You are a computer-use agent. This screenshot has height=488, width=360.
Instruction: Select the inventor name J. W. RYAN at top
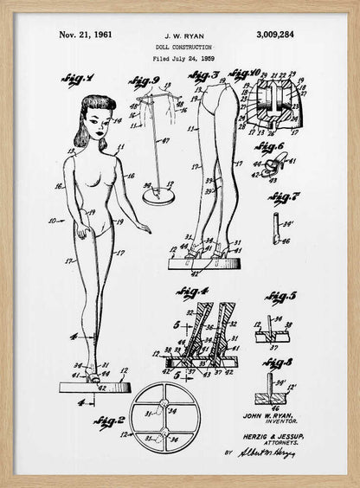click(179, 35)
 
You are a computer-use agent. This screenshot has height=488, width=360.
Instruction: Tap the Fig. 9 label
click(144, 82)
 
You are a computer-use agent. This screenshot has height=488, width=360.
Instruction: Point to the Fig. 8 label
click(278, 363)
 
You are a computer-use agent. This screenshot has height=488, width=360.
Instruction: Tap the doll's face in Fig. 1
click(98, 126)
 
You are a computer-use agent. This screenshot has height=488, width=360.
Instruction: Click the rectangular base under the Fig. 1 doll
click(94, 387)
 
